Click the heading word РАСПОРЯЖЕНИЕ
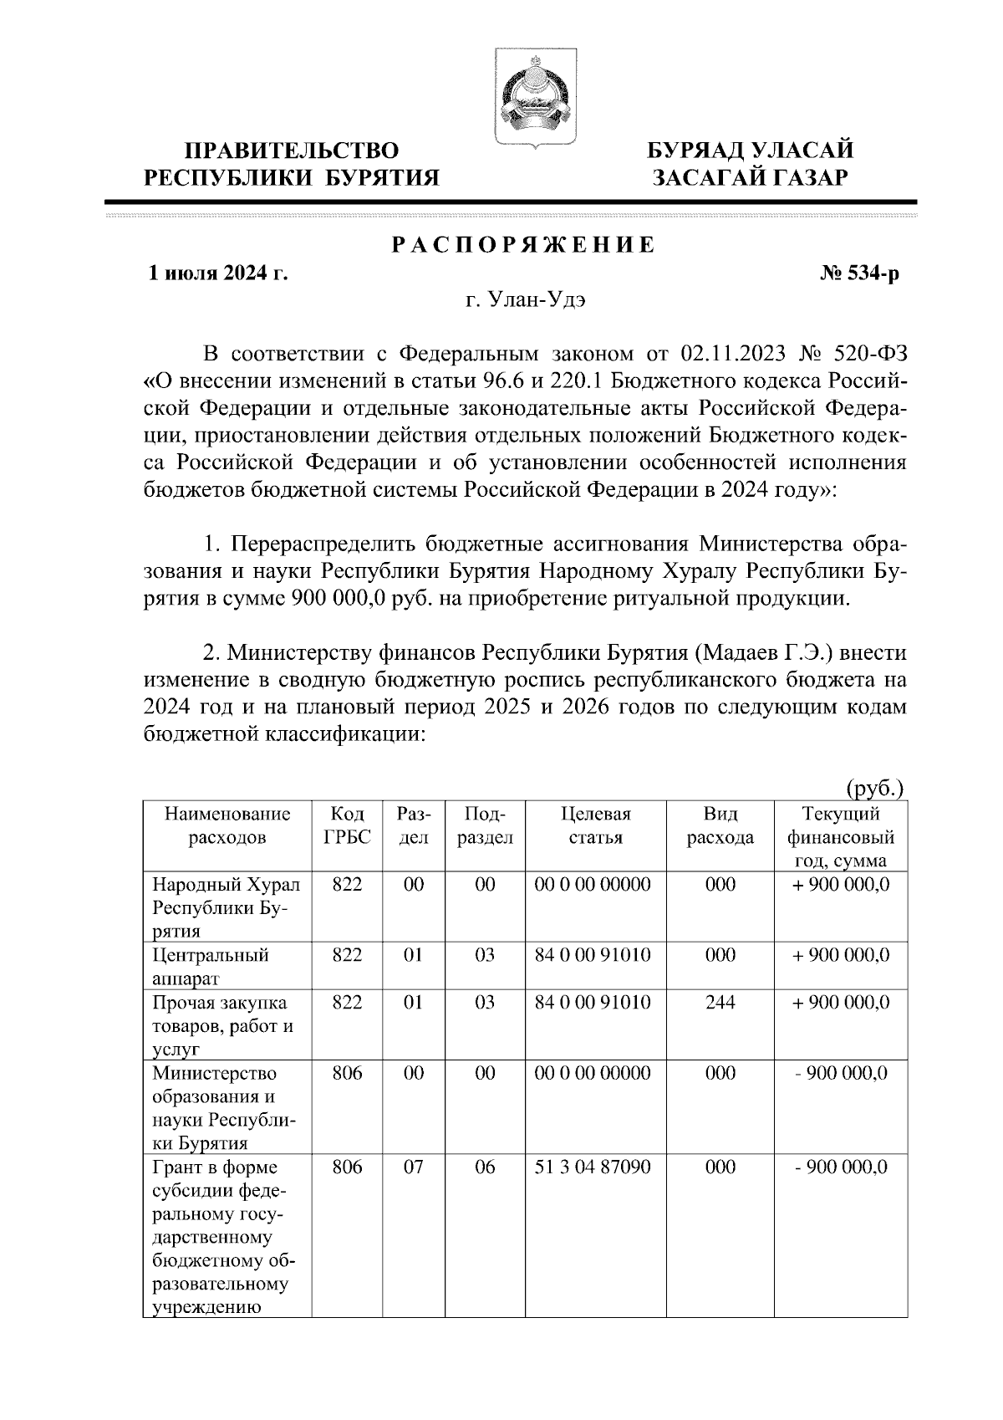tap(524, 245)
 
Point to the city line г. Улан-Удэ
tap(526, 301)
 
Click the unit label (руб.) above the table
tap(876, 787)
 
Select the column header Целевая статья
tap(595, 825)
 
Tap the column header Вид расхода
tap(720, 825)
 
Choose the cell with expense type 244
tap(720, 1002)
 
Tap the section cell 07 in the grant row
tap(413, 1167)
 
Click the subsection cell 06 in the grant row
tap(485, 1167)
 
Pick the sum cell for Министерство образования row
tap(841, 1073)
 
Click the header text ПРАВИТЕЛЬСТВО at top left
tap(292, 151)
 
